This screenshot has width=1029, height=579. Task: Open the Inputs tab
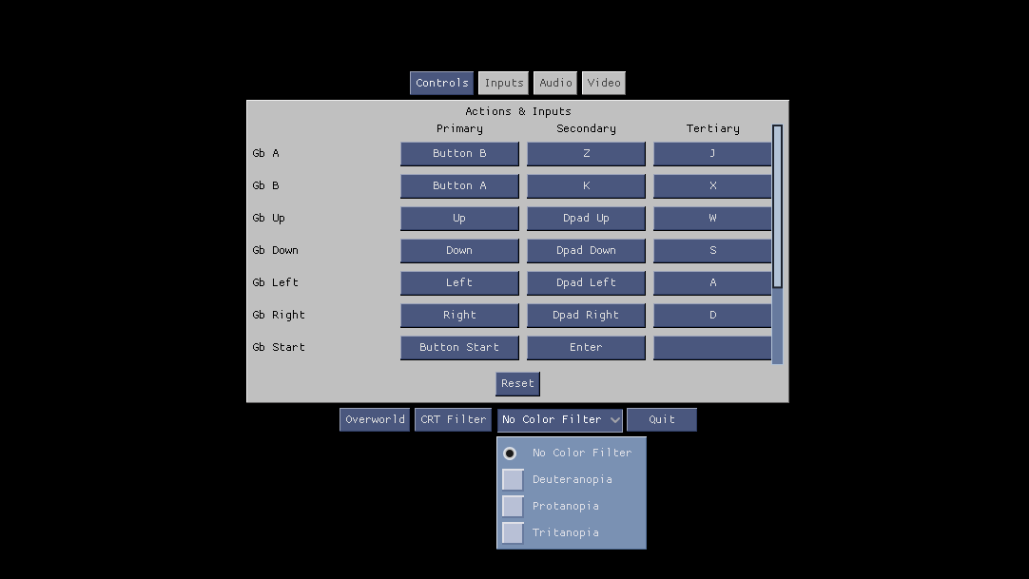[504, 83]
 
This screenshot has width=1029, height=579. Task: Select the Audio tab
[555, 83]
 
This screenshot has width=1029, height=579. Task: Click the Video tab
[604, 83]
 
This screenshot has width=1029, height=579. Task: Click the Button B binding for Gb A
[459, 153]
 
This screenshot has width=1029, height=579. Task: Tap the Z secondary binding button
[586, 153]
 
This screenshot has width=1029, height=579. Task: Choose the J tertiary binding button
[712, 153]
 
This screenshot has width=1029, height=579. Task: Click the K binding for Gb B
[586, 185]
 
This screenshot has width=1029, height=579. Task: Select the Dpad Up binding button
[586, 218]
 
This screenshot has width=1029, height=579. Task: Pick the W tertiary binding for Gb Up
[712, 218]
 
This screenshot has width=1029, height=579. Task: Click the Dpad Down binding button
[586, 250]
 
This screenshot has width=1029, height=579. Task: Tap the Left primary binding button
[459, 282]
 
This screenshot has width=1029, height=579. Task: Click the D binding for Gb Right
[712, 315]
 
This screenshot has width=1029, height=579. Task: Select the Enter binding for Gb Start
[586, 347]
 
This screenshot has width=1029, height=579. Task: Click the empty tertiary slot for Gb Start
[712, 347]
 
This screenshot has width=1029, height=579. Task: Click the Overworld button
[375, 419]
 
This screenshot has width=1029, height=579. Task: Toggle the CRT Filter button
[453, 419]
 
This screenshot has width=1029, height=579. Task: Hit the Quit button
[662, 419]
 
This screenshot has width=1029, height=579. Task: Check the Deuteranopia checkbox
[513, 479]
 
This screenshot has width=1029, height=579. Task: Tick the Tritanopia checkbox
[513, 532]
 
